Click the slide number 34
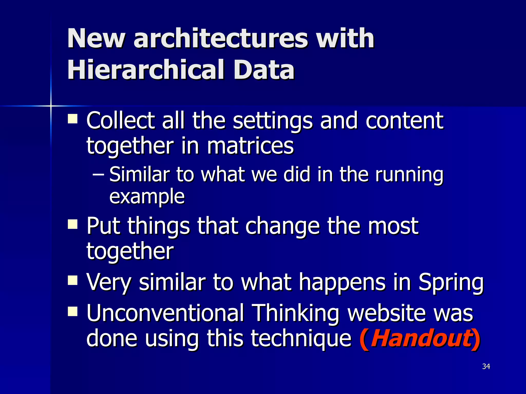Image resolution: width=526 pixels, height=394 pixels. [486, 366]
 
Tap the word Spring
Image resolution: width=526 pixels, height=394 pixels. [451, 282]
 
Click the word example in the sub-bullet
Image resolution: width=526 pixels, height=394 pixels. [147, 196]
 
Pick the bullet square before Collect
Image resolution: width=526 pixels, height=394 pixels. [73, 119]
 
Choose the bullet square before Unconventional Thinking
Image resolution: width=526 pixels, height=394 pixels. [73, 312]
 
